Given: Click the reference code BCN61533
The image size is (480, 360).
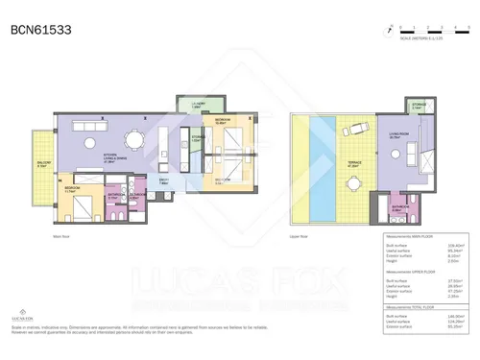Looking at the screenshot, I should coord(41,30).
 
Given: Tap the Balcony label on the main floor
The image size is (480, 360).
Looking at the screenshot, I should coord(42,164).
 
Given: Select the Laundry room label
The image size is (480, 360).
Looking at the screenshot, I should coord(199,106).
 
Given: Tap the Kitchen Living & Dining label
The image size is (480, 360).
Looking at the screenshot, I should coord(118,160).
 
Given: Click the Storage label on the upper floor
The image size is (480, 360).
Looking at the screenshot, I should coord(419,108).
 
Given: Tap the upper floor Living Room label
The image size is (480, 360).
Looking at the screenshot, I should coord(394,136).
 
